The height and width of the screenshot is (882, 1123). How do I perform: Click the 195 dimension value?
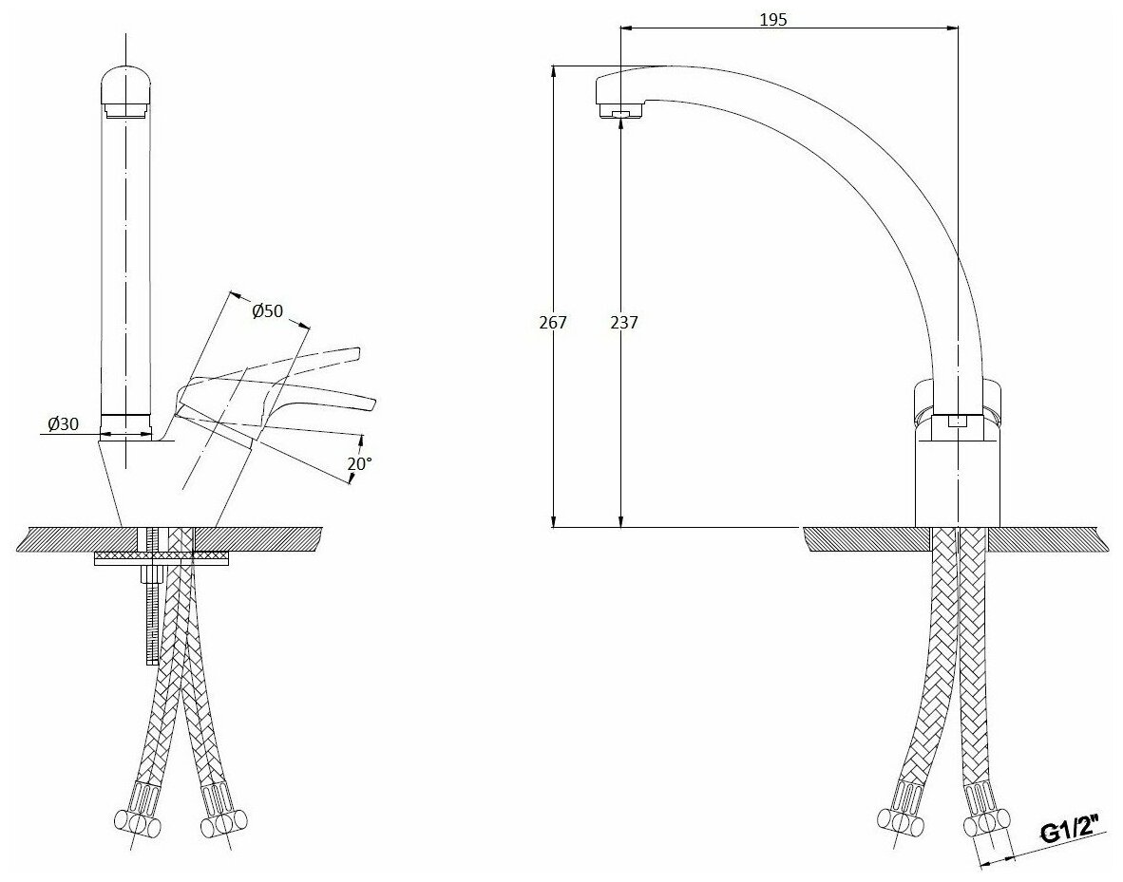pyautogui.click(x=774, y=19)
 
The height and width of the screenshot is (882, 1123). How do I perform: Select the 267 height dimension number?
pyautogui.click(x=552, y=322)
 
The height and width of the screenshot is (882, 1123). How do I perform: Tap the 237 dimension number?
pyautogui.click(x=623, y=322)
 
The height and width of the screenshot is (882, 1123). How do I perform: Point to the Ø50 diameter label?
pyautogui.click(x=268, y=311)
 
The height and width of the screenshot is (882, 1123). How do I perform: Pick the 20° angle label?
pyautogui.click(x=360, y=464)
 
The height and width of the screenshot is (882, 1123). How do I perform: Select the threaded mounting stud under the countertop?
pyautogui.click(x=150, y=617)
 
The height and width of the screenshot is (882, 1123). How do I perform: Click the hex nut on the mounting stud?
pyautogui.click(x=150, y=574)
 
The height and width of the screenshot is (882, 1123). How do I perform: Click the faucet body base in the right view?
pyautogui.click(x=957, y=475)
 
